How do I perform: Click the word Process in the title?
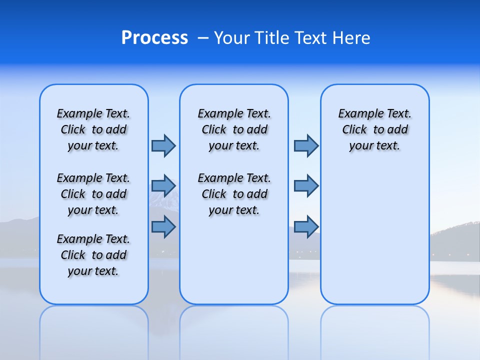click(x=154, y=38)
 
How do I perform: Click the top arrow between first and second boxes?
click(x=163, y=145)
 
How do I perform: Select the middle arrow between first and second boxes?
click(x=163, y=186)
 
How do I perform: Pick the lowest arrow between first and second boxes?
click(x=163, y=227)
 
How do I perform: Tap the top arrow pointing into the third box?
click(x=306, y=145)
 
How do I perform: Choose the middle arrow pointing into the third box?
click(x=306, y=186)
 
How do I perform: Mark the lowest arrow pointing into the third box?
click(x=306, y=227)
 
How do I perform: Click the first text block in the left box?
click(x=93, y=129)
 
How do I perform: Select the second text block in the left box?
click(x=93, y=194)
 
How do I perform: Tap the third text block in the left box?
click(x=93, y=255)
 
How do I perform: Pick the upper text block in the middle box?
click(x=234, y=129)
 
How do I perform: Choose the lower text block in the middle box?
click(x=234, y=194)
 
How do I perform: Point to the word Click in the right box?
click(x=354, y=130)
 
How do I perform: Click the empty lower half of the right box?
click(x=375, y=240)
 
